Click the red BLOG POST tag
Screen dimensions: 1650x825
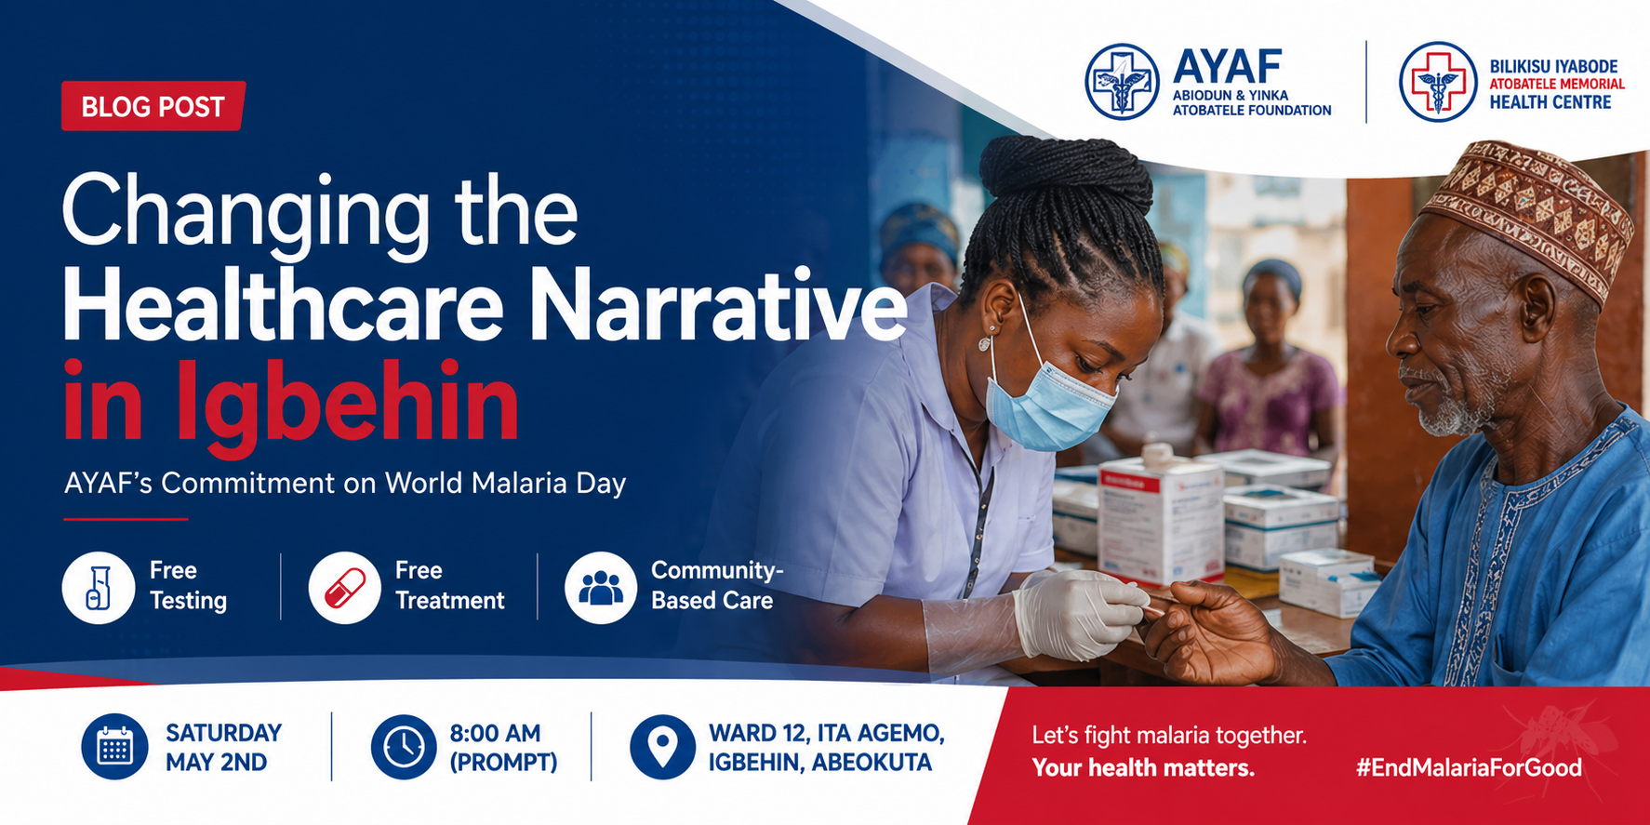pos(153,106)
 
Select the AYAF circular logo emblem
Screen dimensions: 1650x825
pos(1122,82)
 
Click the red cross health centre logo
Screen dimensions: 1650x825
pos(1438,82)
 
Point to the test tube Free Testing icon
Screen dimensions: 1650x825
pos(99,588)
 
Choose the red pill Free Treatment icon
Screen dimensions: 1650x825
pos(344,588)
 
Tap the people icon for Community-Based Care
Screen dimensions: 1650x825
pos(601,588)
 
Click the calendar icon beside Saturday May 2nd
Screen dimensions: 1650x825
pos(114,747)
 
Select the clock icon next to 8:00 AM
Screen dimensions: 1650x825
pos(404,747)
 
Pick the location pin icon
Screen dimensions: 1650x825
pos(662,747)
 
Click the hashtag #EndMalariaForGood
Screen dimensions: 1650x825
pos(1469,767)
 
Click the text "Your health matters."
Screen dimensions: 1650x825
pos(1143,767)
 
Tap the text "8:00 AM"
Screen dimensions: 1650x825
pos(495,733)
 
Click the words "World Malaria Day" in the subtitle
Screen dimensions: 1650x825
pos(505,484)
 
